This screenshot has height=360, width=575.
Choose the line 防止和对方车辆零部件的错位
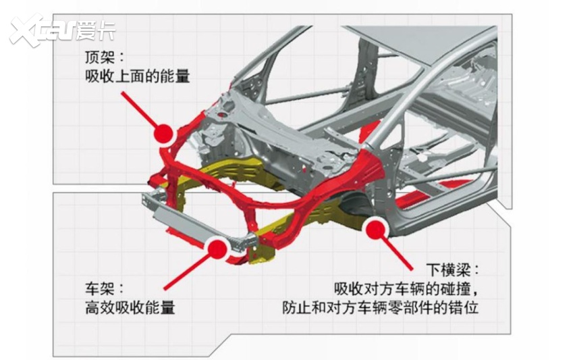385,307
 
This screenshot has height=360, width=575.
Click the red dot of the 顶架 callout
163,134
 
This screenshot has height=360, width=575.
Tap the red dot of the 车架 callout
216,249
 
